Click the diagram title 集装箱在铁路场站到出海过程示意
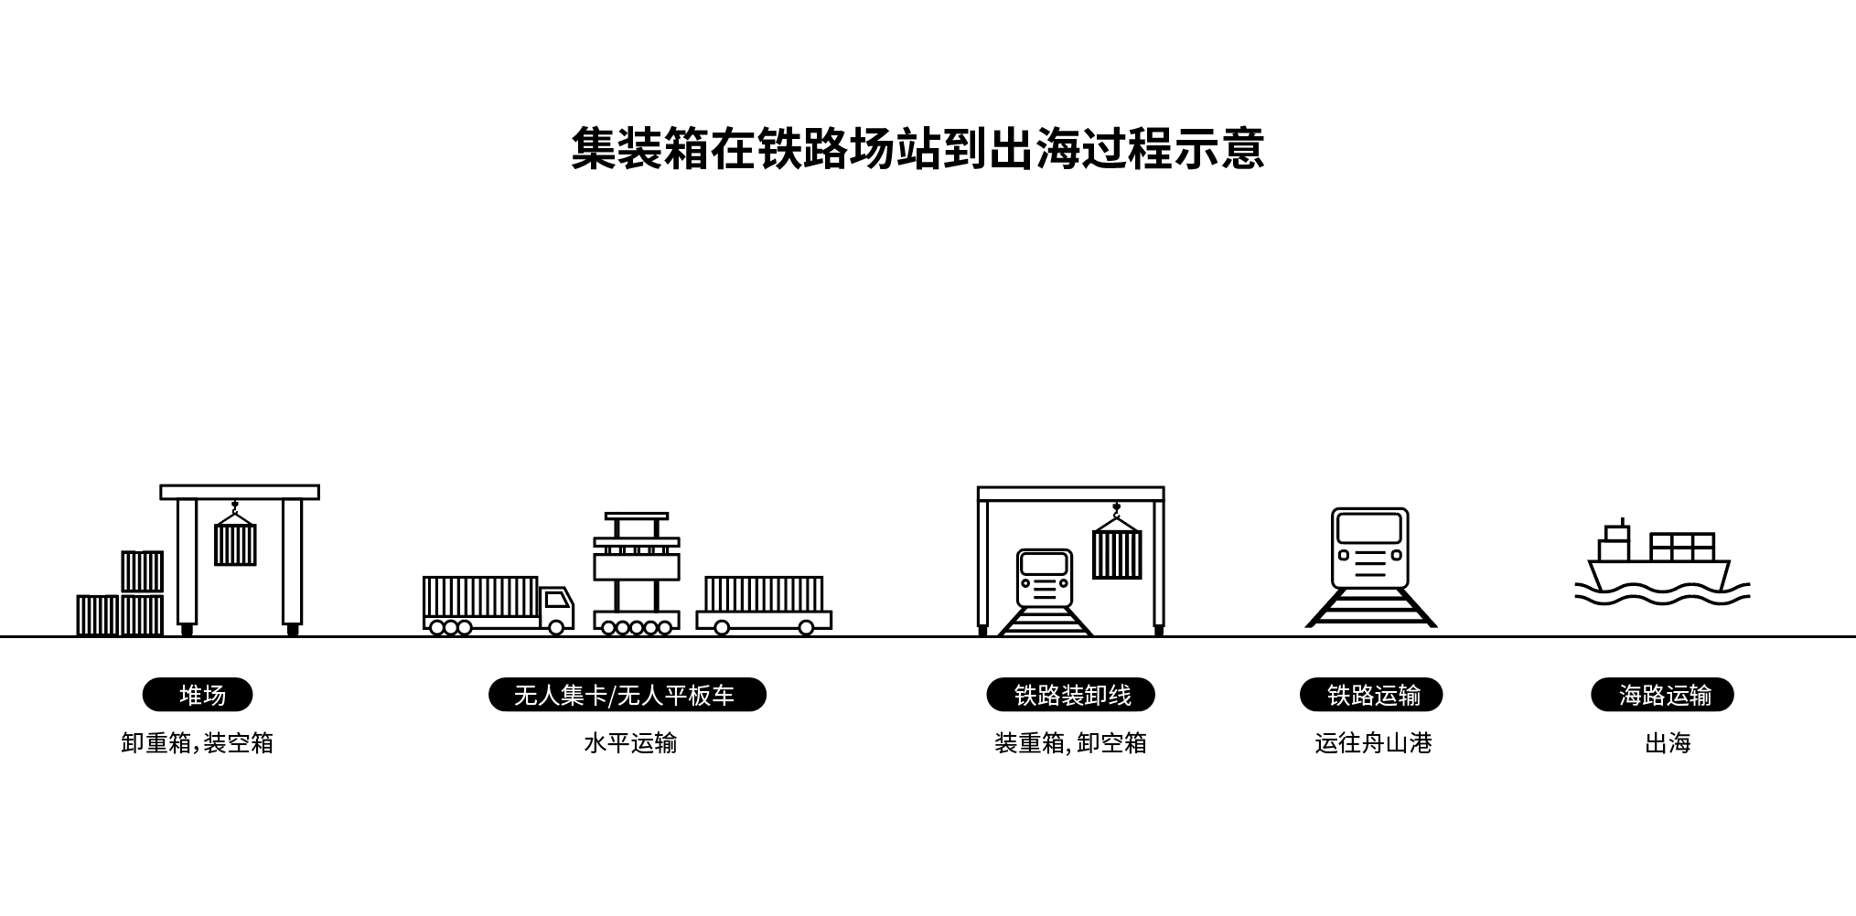pos(917,149)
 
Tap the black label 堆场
pos(198,696)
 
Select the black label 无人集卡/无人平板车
pos(627,696)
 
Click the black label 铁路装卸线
pos(1070,696)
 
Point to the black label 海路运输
pos(1662,696)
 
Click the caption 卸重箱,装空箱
pos(198,743)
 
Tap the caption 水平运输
pos(630,743)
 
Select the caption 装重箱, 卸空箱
pos(1070,743)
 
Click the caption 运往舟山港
pos(1372,743)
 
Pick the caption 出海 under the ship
pos(1667,743)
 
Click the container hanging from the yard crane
pos(235,545)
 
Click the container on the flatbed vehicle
pos(764,594)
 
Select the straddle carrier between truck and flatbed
pos(637,571)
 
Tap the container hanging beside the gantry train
pos(1116,554)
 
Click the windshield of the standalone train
pos(1369,528)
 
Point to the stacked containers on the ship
pos(1681,547)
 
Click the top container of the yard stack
pos(143,571)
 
